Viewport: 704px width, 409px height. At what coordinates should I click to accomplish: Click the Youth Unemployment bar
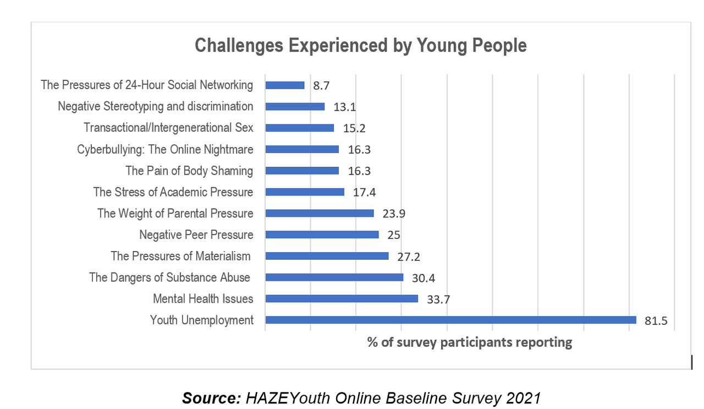pos(450,320)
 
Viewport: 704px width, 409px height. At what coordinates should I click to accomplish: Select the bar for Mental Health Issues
pos(342,298)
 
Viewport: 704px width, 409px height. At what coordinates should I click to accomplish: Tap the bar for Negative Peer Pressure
pos(322,235)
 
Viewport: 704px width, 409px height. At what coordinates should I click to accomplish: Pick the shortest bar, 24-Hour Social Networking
pos(285,85)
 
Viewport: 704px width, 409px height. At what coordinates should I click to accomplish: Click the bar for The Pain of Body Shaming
pos(302,171)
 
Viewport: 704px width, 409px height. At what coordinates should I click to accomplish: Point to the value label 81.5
pos(656,321)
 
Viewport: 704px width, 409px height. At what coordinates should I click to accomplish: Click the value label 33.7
pos(438,299)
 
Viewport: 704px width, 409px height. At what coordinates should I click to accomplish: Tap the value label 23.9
pos(394,214)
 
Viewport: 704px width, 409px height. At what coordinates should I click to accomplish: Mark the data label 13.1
pos(344,107)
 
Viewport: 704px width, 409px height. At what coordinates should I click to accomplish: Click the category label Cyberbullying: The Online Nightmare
pos(165,149)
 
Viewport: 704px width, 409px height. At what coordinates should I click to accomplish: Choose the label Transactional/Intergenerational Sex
pos(168,128)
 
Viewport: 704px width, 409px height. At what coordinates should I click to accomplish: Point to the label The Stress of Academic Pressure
pos(173,192)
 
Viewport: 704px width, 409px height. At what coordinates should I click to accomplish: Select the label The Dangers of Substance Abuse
pos(169,277)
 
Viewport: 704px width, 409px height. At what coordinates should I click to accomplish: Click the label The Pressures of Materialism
pos(180,256)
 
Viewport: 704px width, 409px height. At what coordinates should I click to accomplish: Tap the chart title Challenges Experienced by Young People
pos(361,45)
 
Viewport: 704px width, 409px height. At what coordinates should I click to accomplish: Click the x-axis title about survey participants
pos(470,342)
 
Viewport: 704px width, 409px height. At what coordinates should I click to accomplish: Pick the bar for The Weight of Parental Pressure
pos(320,213)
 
